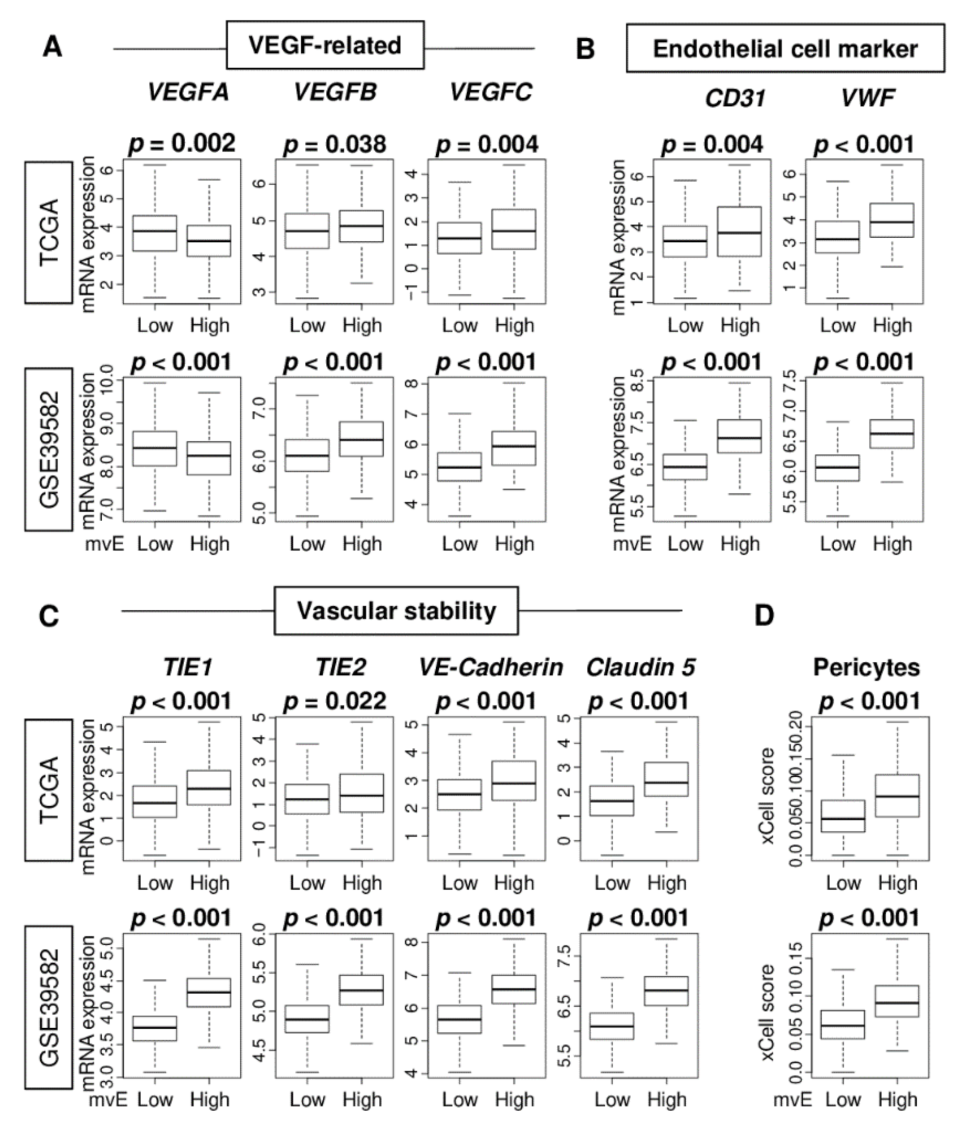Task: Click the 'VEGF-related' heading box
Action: click(x=325, y=45)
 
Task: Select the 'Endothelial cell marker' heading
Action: click(x=785, y=48)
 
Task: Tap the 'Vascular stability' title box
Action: click(x=396, y=611)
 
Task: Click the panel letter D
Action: click(x=764, y=615)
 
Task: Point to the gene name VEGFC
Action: click(x=491, y=93)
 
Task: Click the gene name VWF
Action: click(x=867, y=98)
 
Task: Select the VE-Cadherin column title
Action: click(x=491, y=667)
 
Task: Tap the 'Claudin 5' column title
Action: click(x=641, y=667)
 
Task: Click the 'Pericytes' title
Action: click(x=866, y=667)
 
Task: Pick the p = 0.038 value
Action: click(x=334, y=144)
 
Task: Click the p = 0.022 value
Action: click(x=334, y=700)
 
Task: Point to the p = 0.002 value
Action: click(x=182, y=143)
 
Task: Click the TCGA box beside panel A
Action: click(x=48, y=232)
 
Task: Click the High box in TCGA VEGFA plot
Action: click(x=209, y=240)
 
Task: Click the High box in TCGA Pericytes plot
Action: click(x=897, y=795)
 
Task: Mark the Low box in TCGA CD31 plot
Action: click(x=685, y=241)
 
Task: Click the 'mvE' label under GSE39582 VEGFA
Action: click(x=104, y=543)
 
